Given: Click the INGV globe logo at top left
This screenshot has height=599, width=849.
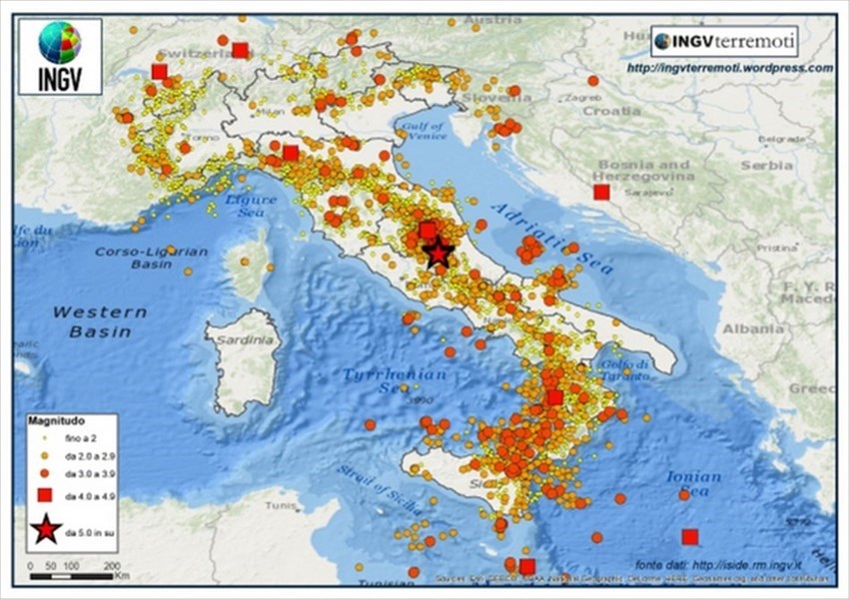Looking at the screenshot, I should coord(59,43).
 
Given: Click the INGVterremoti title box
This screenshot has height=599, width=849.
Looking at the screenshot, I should coord(724,42).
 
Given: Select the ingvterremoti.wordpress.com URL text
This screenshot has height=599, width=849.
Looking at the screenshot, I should coord(729,68).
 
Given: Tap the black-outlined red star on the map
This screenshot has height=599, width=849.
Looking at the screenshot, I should coord(438,253).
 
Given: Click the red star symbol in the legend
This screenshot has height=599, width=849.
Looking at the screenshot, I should coord(45,532).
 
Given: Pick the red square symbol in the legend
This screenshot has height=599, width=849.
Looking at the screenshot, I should coord(45,495).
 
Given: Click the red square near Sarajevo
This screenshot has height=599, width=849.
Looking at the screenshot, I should coord(600,192).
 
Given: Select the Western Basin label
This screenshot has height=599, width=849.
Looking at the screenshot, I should coord(99,321).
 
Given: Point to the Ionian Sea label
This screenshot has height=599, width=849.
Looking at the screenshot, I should coord(693,483).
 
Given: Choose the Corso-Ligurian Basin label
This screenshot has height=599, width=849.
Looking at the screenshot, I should coord(152,258).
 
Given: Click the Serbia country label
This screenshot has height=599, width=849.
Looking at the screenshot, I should coord(767,165).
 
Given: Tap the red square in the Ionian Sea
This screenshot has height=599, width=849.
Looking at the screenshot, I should coord(689,536).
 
